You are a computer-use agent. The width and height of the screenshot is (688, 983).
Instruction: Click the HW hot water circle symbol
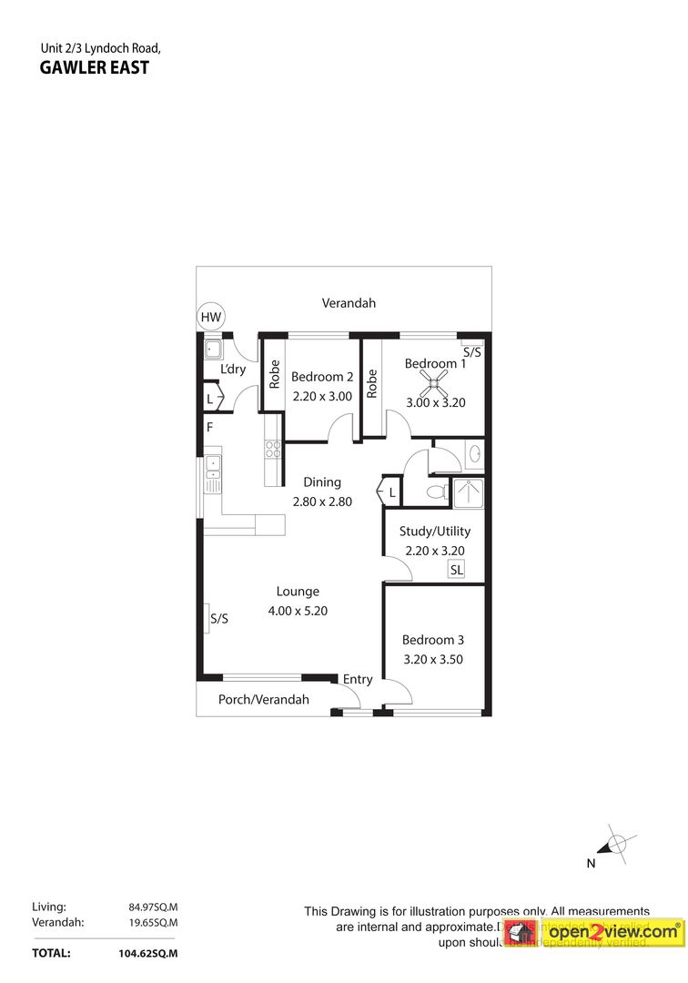tap(211, 317)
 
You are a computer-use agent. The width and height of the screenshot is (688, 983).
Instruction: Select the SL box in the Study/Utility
tap(456, 570)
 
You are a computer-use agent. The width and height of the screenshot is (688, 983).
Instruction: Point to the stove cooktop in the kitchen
tap(272, 449)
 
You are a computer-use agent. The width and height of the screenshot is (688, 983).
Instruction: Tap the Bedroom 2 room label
tap(322, 377)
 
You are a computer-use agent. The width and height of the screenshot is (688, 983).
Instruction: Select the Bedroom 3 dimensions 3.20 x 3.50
tap(433, 659)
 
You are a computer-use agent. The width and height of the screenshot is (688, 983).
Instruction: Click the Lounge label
tap(298, 592)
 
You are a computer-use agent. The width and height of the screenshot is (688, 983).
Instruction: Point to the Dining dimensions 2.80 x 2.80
tap(322, 501)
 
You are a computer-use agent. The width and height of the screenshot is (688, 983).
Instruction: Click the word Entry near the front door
tap(358, 679)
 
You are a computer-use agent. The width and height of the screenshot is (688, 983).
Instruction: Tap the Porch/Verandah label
tap(264, 700)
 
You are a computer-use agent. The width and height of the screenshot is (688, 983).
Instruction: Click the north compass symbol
tap(617, 843)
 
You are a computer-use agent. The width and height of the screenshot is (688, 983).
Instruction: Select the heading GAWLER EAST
tap(95, 66)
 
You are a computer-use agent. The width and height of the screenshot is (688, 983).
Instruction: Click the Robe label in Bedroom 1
tap(372, 383)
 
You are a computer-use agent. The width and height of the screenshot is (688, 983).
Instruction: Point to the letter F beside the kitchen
tap(209, 427)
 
